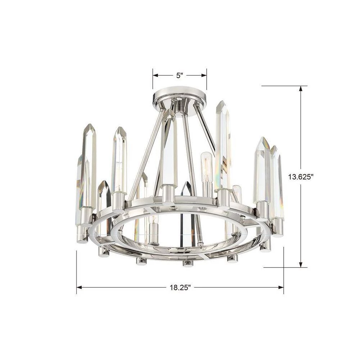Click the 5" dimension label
click(180, 75)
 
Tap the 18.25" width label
click(180, 287)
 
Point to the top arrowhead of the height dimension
click(301, 89)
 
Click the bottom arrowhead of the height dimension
click(301, 265)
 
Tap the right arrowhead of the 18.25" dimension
click(281, 287)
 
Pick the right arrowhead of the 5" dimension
click(204, 75)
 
